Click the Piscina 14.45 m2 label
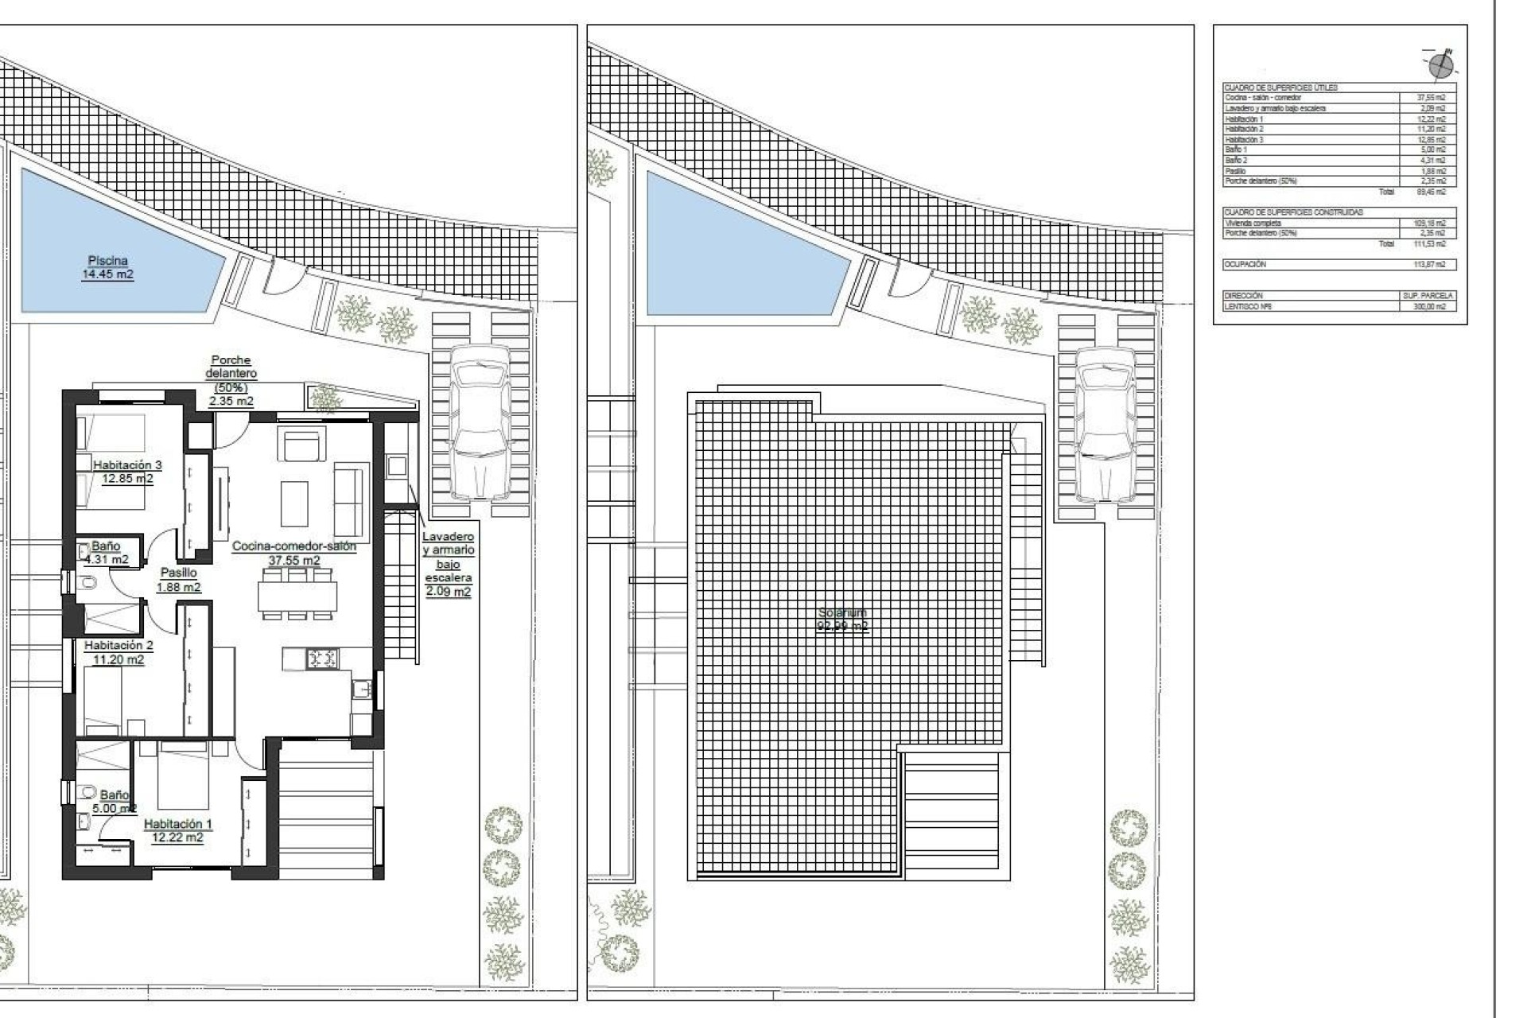107,267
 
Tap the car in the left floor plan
480,421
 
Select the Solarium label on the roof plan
842,619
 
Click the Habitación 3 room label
127,472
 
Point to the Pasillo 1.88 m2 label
178,580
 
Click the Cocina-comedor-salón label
294,553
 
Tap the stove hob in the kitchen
322,658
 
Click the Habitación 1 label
177,830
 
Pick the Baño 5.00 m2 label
114,801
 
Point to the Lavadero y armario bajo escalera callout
448,564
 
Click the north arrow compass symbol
1441,65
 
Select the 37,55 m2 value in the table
1431,98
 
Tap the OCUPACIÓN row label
1245,264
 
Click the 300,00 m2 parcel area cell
1431,306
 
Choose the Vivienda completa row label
1253,223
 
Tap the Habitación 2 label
119,652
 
